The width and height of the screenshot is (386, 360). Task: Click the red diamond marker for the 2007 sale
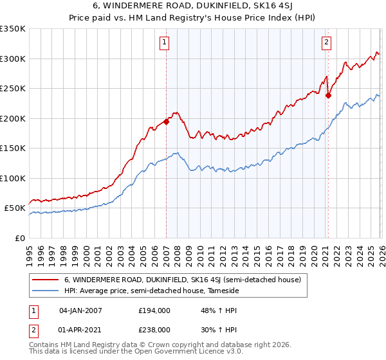pos(166,121)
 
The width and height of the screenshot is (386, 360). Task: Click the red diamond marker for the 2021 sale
pos(328,95)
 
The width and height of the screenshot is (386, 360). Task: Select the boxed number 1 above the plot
pos(165,43)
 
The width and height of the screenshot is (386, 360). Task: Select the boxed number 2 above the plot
pos(327,43)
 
